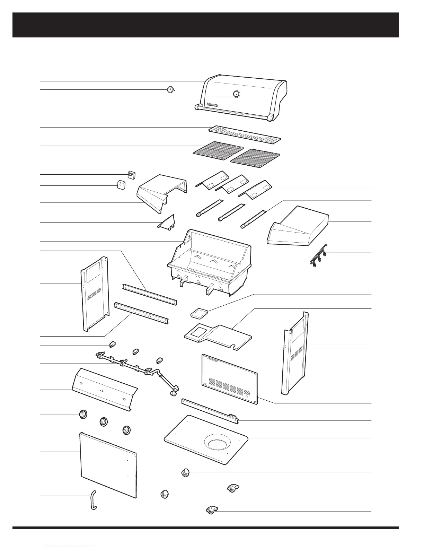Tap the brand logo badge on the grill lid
point(212,104)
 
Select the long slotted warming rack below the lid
point(245,134)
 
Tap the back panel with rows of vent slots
point(230,379)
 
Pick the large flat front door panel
point(108,464)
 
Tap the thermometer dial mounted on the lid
point(236,94)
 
